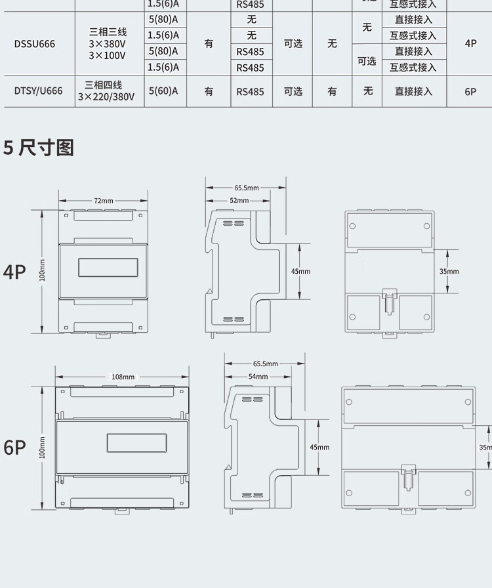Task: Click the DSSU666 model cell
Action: pos(35,44)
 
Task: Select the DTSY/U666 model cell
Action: pos(38,91)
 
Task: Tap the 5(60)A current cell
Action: pos(163,91)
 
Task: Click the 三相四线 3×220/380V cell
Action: pos(106,91)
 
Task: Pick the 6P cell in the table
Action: pos(470,92)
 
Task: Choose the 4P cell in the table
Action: pos(470,43)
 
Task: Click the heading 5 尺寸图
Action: pos(39,148)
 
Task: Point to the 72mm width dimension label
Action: pos(103,200)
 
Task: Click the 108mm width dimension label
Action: pos(123,377)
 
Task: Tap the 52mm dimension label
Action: pos(239,200)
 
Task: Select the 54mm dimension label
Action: pos(258,377)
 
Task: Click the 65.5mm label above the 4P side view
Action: pos(247,188)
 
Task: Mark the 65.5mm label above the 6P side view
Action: pos(265,364)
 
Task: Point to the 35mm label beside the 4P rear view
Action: pos(449,271)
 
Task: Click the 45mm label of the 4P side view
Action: pos(300,271)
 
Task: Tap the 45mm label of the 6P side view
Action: pos(319,447)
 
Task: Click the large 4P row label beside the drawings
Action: pos(14,272)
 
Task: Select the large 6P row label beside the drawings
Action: pos(14,448)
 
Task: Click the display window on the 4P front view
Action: pos(108,268)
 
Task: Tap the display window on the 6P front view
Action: pos(136,443)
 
